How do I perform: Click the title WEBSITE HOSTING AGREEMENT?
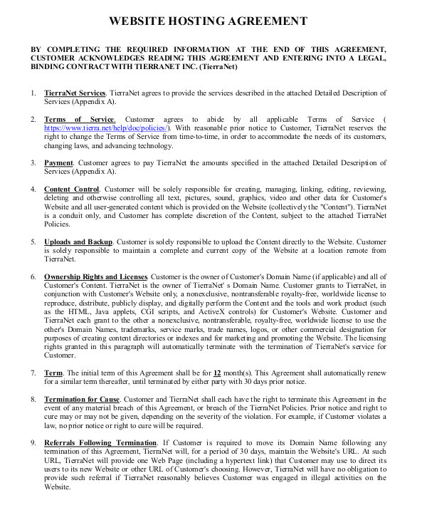212,21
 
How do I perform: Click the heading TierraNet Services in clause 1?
74,93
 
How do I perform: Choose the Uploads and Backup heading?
78,241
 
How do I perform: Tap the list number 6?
33,276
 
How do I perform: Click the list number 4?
33,189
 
